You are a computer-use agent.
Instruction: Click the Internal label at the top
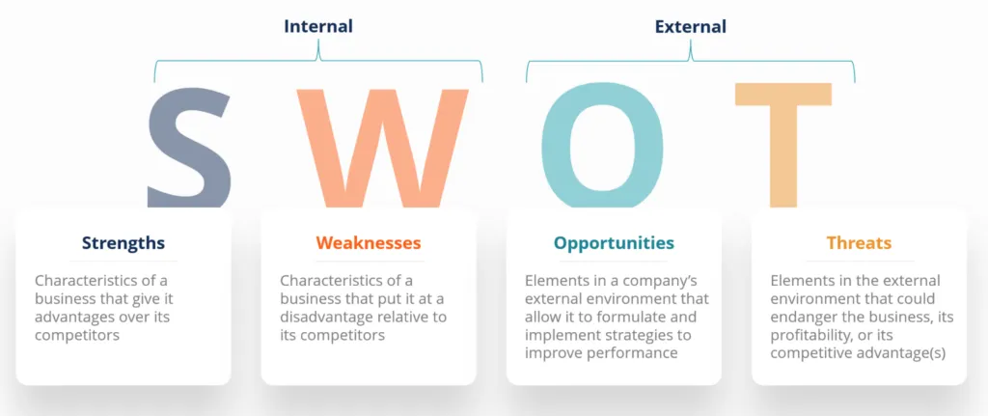pos(317,26)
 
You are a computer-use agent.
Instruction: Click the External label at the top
pos(690,26)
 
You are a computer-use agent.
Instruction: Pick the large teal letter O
pos(602,145)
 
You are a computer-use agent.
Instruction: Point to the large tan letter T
pos(783,145)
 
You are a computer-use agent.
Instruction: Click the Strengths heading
pos(123,243)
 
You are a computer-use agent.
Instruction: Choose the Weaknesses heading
pos(369,243)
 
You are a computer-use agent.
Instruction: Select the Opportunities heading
pos(614,243)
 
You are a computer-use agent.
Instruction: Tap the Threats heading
pos(859,243)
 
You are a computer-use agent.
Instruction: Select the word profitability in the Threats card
pos(814,335)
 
